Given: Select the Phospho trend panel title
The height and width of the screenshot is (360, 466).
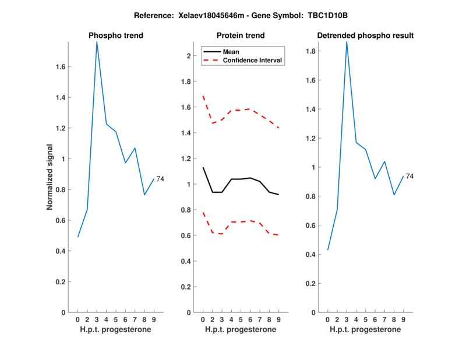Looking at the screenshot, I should [116, 36].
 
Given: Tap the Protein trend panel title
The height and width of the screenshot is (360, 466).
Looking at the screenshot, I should [241, 36].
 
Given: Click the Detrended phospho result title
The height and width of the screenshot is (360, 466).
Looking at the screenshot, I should [366, 36].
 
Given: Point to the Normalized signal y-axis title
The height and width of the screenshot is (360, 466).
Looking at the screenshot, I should [50, 177].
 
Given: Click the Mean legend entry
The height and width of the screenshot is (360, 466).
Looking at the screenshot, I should [231, 51].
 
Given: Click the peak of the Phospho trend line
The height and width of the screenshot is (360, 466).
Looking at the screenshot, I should [97, 41].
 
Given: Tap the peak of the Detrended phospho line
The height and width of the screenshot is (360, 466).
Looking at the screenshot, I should [347, 41].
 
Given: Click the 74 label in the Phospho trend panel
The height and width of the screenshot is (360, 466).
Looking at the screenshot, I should [160, 179].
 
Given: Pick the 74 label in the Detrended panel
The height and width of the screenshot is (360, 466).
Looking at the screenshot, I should [409, 176].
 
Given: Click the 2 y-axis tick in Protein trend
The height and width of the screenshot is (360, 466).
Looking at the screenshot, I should [189, 56].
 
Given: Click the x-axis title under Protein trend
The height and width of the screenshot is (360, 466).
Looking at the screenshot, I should [241, 330].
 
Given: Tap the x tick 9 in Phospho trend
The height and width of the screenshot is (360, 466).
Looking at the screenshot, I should [154, 319].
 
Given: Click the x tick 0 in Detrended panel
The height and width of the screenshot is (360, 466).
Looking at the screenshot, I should [327, 319].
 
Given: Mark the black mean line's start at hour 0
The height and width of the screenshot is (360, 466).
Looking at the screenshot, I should [203, 167].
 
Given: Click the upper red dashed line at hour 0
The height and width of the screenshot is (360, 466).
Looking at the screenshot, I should [203, 96].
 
